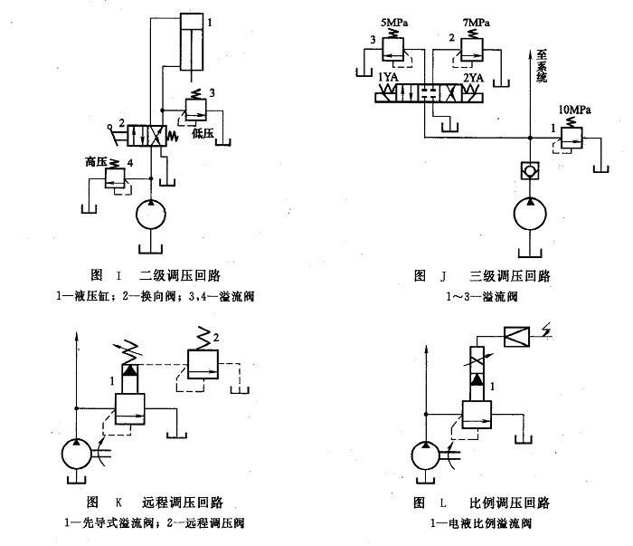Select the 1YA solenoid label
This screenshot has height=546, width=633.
pos(389,78)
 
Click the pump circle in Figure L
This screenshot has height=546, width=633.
pos(430,453)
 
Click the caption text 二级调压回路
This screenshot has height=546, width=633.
pos(181,275)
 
